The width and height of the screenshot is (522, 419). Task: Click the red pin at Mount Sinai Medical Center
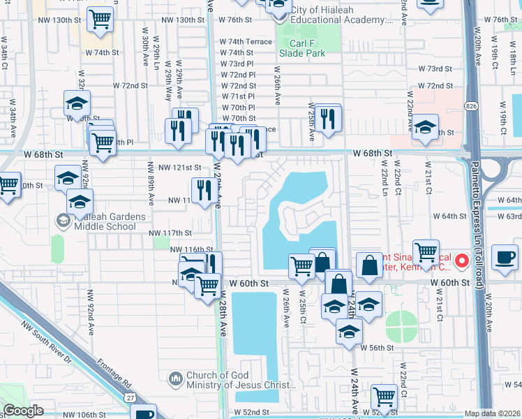pyautogui.click(x=461, y=261)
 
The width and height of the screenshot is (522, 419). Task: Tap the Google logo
pyautogui.click(x=24, y=411)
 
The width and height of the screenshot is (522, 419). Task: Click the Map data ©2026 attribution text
pyautogui.click(x=492, y=413)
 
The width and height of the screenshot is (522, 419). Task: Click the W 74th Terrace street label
pyautogui.click(x=246, y=42)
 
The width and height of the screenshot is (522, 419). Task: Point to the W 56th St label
pyautogui.click(x=378, y=348)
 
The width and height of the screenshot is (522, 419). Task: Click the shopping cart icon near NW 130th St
pyautogui.click(x=101, y=20)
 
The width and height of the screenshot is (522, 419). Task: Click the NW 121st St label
pyautogui.click(x=179, y=168)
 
